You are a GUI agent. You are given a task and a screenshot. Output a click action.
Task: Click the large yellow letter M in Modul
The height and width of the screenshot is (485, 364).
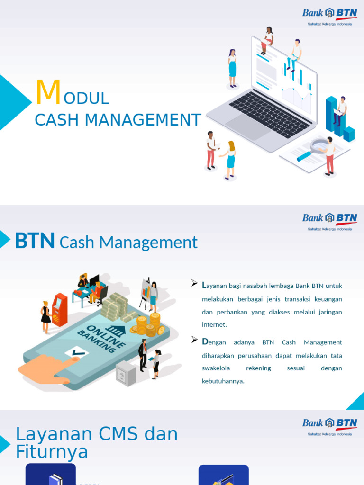48,93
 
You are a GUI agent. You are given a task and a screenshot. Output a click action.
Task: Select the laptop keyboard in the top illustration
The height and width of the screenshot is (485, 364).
270,114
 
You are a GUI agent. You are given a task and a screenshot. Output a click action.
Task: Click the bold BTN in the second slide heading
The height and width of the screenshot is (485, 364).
35,241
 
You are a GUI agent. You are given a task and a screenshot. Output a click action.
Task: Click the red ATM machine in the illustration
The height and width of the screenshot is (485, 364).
59,309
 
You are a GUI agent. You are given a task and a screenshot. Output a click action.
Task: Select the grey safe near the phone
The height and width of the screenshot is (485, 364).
126,373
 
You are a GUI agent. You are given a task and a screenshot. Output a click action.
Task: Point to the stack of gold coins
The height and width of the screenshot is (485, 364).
151,324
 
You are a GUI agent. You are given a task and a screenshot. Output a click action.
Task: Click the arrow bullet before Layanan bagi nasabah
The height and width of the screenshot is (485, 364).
194,283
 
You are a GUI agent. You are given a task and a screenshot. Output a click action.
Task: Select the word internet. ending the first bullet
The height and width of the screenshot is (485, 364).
214,325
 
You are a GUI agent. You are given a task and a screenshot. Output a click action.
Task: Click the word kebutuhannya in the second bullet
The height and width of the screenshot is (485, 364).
223,381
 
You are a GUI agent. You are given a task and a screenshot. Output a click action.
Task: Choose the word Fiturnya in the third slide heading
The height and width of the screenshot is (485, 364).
52,452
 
